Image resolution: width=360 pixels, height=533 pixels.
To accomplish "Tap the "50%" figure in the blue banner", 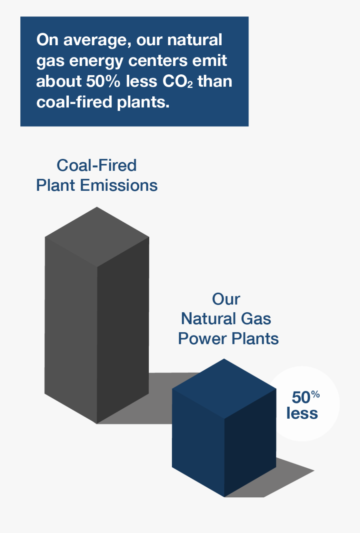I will (x=103, y=81).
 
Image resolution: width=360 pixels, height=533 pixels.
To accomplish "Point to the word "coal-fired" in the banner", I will (x=74, y=102).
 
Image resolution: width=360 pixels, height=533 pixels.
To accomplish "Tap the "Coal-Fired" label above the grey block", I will (x=96, y=165).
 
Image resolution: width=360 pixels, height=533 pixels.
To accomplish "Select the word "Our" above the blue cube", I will (x=226, y=299).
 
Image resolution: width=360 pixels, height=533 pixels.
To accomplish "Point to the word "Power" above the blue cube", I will (x=202, y=339).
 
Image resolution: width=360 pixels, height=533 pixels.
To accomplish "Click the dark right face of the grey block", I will (x=123, y=328).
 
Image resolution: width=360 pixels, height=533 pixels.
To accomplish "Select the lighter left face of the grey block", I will (x=71, y=328).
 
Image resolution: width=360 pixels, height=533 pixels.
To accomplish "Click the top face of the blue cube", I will (x=224, y=388).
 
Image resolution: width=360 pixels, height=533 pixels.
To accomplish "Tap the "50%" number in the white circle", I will (x=305, y=397).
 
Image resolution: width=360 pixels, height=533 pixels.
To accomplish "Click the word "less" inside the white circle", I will (x=302, y=413).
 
